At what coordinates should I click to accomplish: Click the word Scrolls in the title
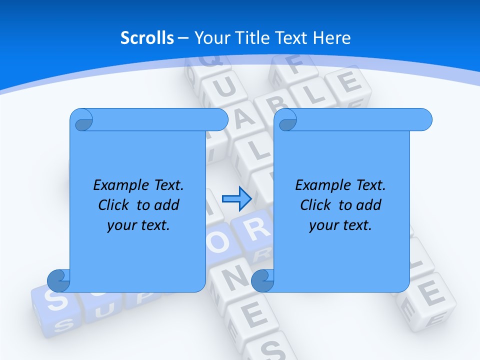tap(147, 38)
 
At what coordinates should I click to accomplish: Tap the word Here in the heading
tap(331, 38)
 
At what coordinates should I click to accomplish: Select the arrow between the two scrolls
tap(236, 199)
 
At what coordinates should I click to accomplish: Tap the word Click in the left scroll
tap(115, 205)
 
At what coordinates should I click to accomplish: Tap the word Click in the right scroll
tap(317, 205)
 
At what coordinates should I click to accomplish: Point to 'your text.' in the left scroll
tap(138, 225)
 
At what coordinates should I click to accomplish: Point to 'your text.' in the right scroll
tap(340, 225)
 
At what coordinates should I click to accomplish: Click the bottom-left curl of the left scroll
tap(59, 281)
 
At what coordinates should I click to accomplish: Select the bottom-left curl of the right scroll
tap(263, 281)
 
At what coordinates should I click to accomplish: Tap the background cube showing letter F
tap(294, 67)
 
